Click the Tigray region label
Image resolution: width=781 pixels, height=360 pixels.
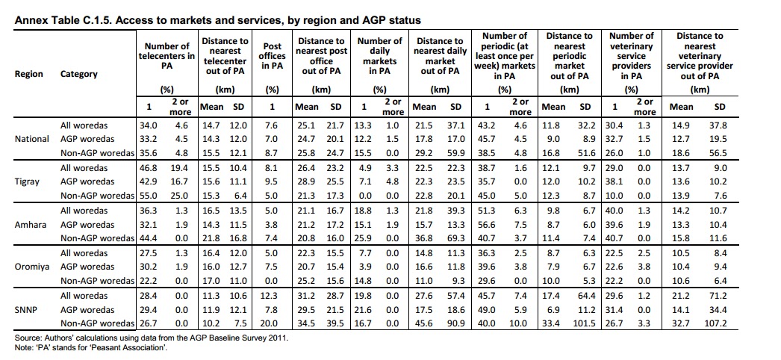pos(27,181)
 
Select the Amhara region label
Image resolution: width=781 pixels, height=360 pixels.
pos(30,224)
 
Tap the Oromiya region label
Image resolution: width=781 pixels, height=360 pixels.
pos(31,267)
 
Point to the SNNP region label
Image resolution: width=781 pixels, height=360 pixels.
pos(27,309)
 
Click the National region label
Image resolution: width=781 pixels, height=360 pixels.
pos(31,139)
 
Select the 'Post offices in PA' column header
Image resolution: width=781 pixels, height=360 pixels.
pos(272,56)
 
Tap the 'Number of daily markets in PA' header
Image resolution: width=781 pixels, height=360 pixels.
pos(379,56)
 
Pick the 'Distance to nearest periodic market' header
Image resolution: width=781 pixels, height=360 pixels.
pos(569,56)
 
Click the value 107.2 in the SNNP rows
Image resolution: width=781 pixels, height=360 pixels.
pos(719,323)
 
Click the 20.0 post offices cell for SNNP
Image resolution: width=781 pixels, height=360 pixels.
pos(271,323)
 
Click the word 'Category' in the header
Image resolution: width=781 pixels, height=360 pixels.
pos(78,74)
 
